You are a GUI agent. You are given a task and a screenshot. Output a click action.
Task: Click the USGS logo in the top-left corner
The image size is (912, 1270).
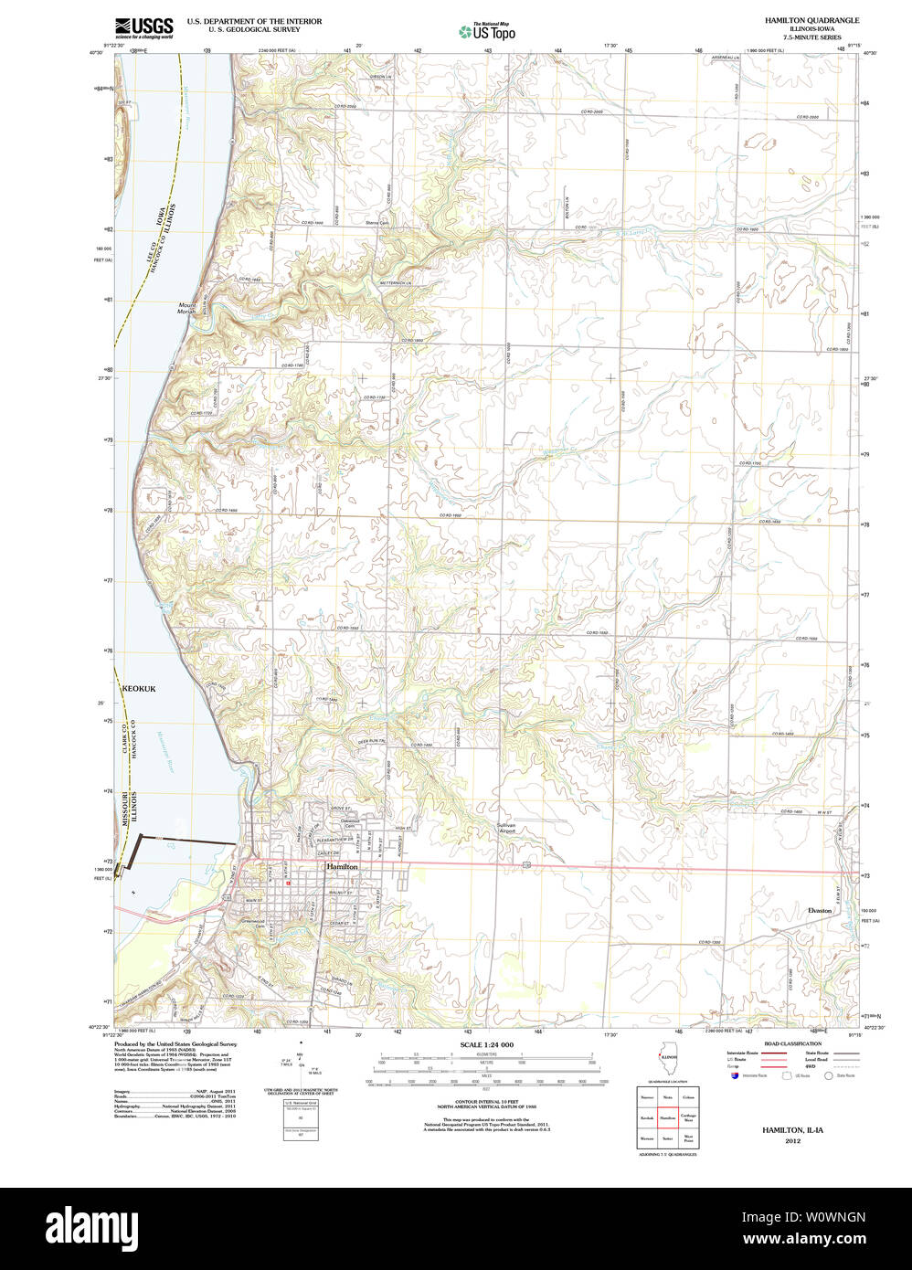pos(143,26)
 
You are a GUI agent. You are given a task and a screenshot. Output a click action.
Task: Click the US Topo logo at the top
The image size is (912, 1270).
pos(487,31)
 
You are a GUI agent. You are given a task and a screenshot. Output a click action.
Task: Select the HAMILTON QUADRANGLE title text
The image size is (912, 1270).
pos(811,20)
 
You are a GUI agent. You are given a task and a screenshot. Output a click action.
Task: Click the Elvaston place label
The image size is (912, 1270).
pos(820,910)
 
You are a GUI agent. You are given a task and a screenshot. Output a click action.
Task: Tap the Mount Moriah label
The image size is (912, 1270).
pos(187,309)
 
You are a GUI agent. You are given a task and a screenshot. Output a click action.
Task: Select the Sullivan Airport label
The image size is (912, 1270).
pos(506,828)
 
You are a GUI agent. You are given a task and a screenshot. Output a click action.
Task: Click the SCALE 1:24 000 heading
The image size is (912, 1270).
pos(486,1044)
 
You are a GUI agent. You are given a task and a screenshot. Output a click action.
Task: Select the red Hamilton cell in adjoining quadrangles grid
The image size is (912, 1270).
pos(667,1117)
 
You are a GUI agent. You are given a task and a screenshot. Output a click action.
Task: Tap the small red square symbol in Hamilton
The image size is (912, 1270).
pos(288,884)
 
